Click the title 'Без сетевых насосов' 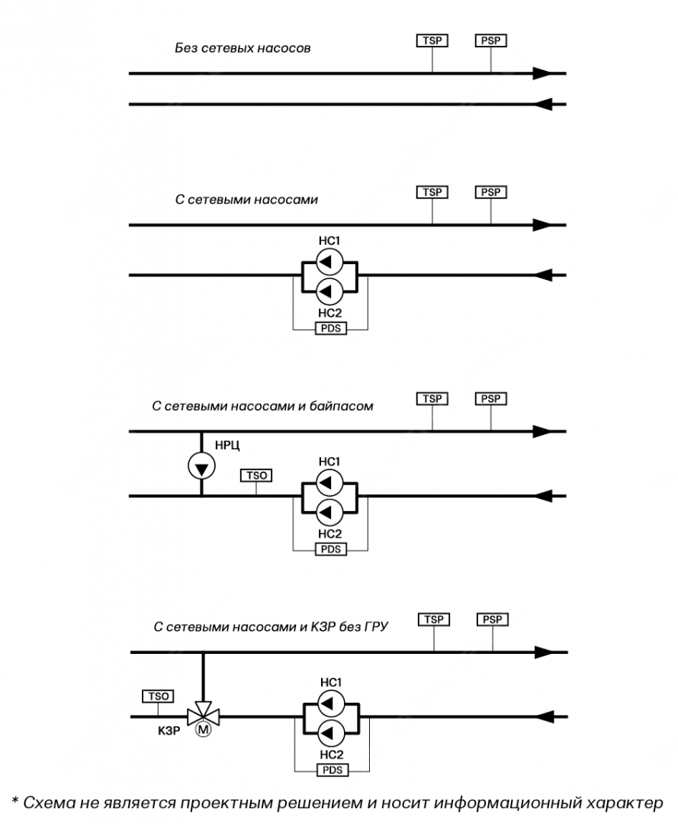point(243,49)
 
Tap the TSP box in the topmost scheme point(432,40)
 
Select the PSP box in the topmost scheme point(491,40)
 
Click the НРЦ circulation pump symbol point(201,465)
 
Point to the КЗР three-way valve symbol point(204,716)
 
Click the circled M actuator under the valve point(204,730)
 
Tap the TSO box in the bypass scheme point(256,475)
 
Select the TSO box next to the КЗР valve point(158,696)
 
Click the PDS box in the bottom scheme point(332,771)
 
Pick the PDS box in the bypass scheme point(330,549)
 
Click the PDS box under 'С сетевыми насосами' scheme point(330,330)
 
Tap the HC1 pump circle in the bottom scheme point(330,702)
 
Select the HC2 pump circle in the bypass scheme point(329,510)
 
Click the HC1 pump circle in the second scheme point(329,262)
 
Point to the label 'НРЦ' point(228,443)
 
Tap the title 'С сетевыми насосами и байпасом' point(263,406)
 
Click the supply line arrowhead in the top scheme point(542,73)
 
